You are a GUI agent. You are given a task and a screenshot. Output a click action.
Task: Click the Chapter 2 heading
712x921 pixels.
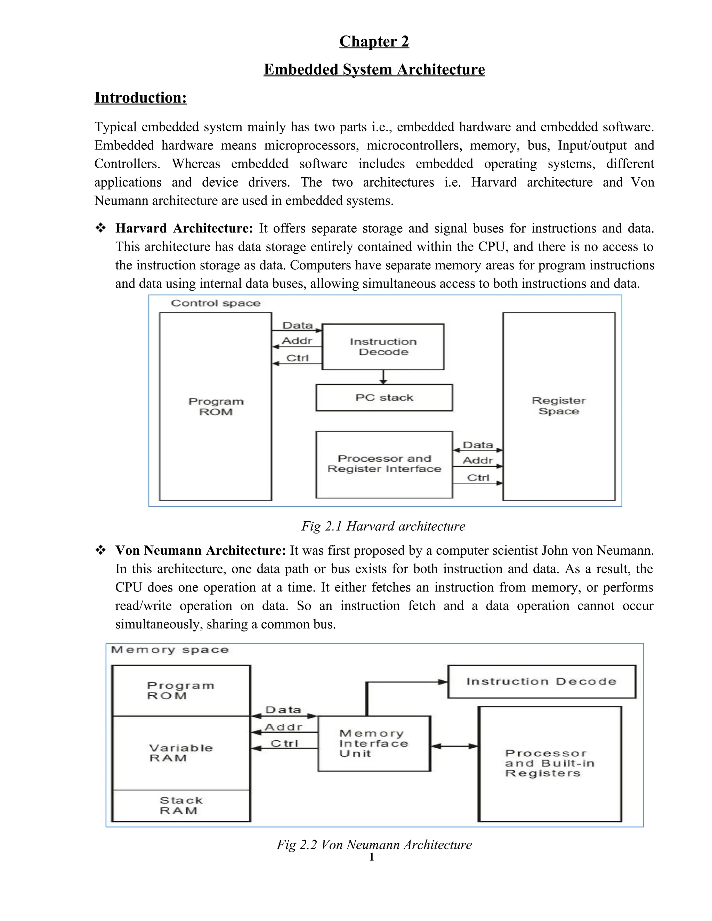pyautogui.click(x=374, y=41)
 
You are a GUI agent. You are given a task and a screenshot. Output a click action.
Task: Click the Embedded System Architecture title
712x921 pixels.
pyautogui.click(x=374, y=69)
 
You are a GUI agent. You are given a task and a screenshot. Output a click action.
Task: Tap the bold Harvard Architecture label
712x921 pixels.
pyautogui.click(x=184, y=228)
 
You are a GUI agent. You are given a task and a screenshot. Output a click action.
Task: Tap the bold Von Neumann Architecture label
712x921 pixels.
pyautogui.click(x=201, y=550)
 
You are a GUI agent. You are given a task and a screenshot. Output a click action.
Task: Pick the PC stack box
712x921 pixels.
pyautogui.click(x=384, y=398)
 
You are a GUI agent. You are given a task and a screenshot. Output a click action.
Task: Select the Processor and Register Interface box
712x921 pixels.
pyautogui.click(x=384, y=464)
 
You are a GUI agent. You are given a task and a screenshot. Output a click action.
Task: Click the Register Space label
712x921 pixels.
pyautogui.click(x=558, y=406)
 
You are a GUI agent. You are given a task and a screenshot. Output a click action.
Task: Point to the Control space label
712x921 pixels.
pyautogui.click(x=216, y=303)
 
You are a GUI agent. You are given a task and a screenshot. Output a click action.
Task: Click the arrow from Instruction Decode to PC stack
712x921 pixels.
pyautogui.click(x=383, y=377)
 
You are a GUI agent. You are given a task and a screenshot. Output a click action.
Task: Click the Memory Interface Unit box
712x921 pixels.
pyautogui.click(x=374, y=743)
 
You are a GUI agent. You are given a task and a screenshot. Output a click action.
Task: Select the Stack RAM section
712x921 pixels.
pyautogui.click(x=181, y=806)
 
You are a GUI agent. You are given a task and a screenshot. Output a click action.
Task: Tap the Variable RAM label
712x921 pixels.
pyautogui.click(x=181, y=753)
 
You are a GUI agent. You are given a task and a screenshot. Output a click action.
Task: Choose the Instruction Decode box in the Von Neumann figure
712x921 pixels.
pyautogui.click(x=541, y=682)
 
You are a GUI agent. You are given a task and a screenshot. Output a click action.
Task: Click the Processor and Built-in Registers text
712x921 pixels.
pyautogui.click(x=549, y=763)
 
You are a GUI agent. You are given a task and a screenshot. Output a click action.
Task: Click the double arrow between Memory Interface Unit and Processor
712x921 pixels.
pyautogui.click(x=454, y=746)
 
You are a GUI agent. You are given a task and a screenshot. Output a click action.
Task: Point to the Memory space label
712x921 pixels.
pyautogui.click(x=170, y=650)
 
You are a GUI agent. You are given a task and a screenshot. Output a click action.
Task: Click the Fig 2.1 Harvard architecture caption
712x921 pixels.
pyautogui.click(x=383, y=526)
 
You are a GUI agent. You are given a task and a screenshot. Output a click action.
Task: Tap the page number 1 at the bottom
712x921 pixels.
pyautogui.click(x=371, y=857)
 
